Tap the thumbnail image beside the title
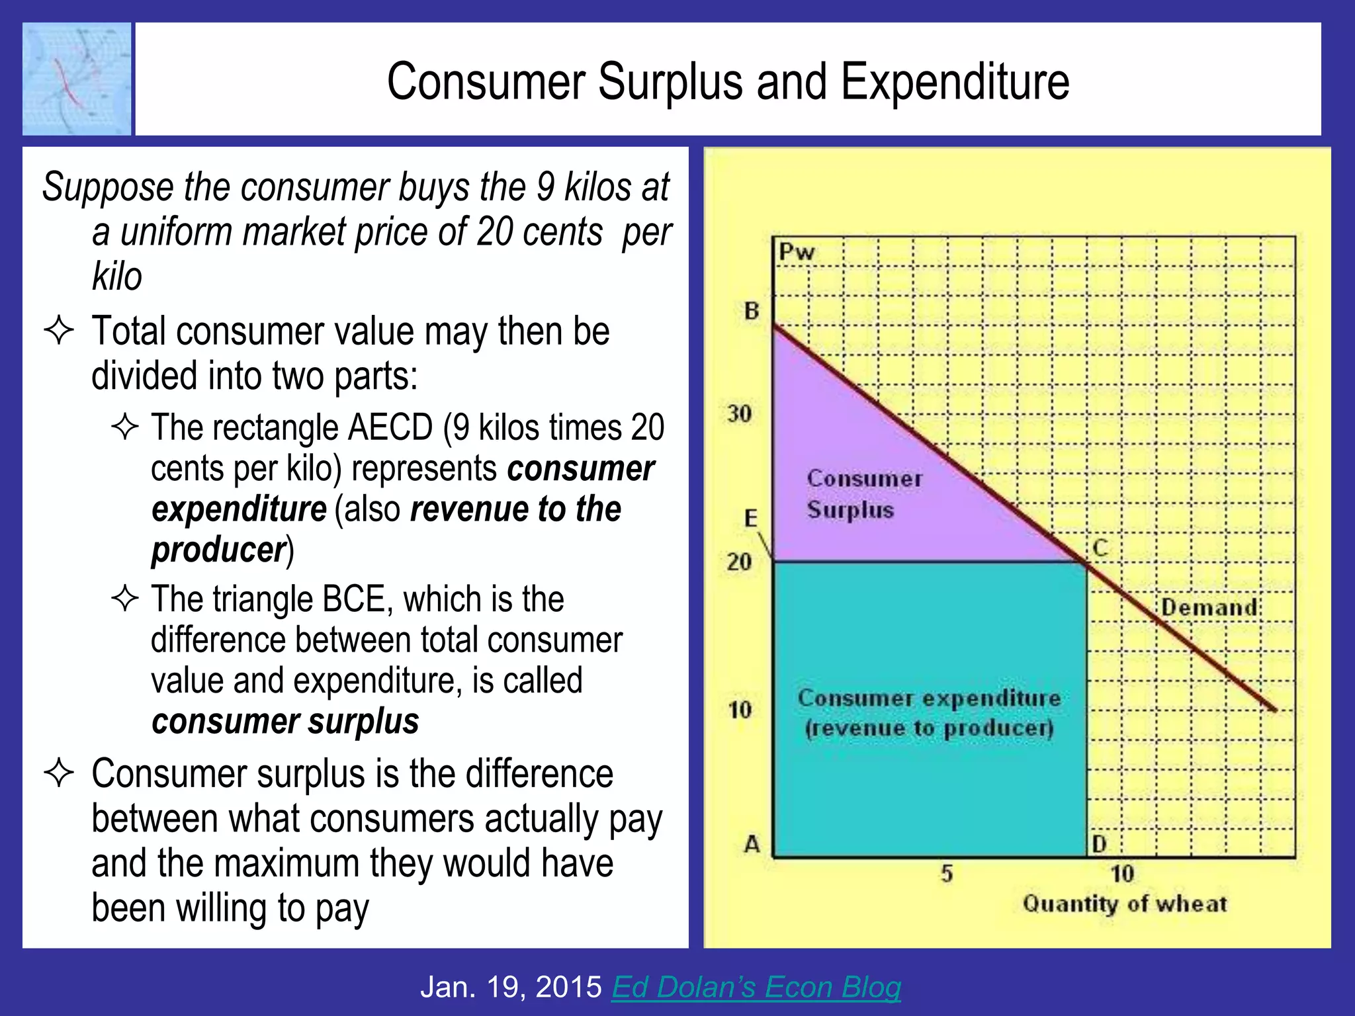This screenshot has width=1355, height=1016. pos(77,79)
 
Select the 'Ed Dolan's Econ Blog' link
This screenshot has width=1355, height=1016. pos(756,987)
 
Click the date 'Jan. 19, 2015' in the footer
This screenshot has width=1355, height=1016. pos(511,987)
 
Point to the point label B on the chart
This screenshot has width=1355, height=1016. pos(752,310)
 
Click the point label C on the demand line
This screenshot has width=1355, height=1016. pos(1100,548)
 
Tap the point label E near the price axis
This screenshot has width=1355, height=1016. pos(751,518)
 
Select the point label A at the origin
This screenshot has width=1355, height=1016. pos(752,844)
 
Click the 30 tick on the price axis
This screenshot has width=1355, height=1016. pos(740,414)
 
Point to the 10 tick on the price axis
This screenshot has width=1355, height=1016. pos(740,710)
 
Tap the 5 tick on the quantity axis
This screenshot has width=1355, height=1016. pos(947,874)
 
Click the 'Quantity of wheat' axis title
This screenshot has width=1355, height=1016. pos(1125,904)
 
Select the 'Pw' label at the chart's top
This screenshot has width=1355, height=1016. pos(797,252)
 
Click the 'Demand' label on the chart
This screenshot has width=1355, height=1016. pos(1209,607)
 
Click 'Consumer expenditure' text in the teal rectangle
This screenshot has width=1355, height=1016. pos(929,698)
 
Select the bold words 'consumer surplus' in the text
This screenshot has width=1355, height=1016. pos(285,721)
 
